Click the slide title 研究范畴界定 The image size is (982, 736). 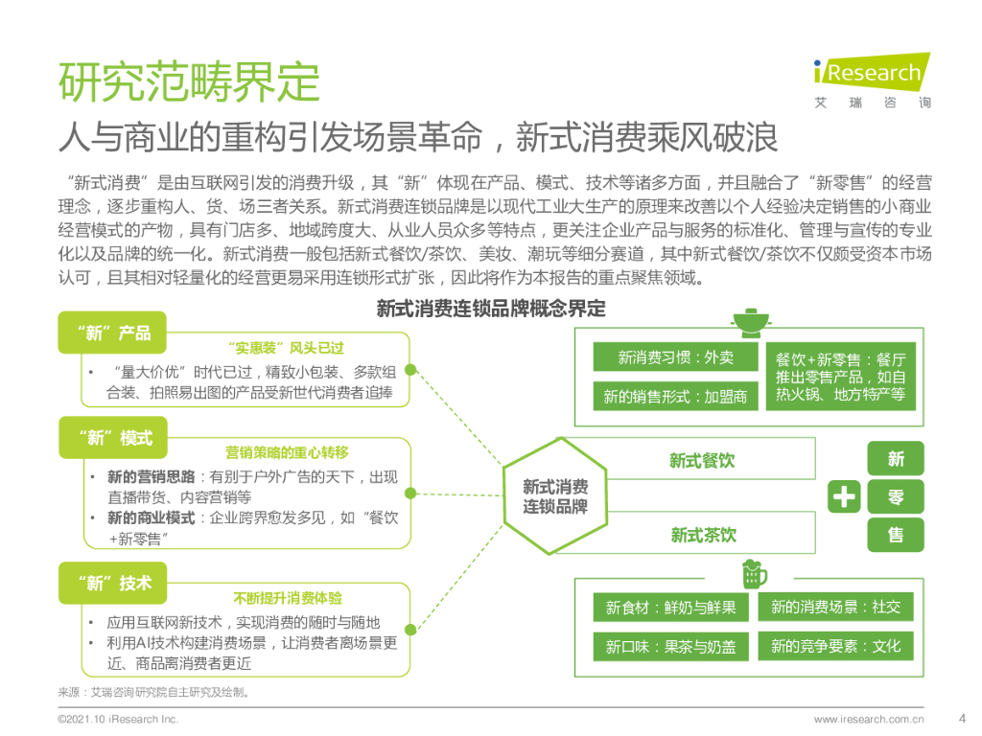188,82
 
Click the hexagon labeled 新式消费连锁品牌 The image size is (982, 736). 554,495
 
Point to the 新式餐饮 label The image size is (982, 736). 702,461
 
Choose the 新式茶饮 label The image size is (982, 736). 702,535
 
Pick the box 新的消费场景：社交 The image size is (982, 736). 835,608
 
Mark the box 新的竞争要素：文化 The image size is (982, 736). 835,647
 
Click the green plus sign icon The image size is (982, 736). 844,496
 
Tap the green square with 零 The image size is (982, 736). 896,496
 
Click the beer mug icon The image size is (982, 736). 754,574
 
